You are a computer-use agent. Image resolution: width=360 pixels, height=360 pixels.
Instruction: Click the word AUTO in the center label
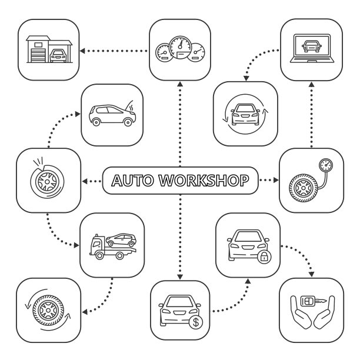[132, 179]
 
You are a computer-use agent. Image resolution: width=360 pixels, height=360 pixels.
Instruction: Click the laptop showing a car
[311, 51]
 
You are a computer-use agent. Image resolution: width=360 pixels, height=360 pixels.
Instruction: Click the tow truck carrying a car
[112, 245]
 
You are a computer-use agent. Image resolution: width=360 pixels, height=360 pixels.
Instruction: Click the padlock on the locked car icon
[265, 256]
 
